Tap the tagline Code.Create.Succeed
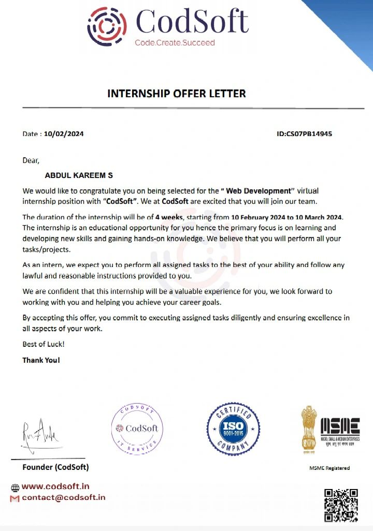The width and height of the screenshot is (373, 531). [x=175, y=42]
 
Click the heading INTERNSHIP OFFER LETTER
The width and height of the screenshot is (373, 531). [x=177, y=94]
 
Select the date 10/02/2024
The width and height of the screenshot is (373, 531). [x=64, y=134]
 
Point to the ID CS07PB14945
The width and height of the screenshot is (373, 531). [x=305, y=134]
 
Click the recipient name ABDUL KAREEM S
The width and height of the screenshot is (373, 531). [x=79, y=176]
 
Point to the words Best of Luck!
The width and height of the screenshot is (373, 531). [x=44, y=344]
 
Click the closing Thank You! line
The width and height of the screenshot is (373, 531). [x=41, y=360]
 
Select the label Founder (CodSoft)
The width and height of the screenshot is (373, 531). [x=55, y=467]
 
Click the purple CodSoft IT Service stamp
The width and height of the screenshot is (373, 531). [x=137, y=428]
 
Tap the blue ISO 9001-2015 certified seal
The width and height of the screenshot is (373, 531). [x=233, y=428]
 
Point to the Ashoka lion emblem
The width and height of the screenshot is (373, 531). [x=310, y=426]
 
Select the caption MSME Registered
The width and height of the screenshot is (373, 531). [x=329, y=468]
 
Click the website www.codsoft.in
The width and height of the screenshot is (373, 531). [x=55, y=486]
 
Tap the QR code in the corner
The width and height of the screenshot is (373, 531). [x=341, y=505]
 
